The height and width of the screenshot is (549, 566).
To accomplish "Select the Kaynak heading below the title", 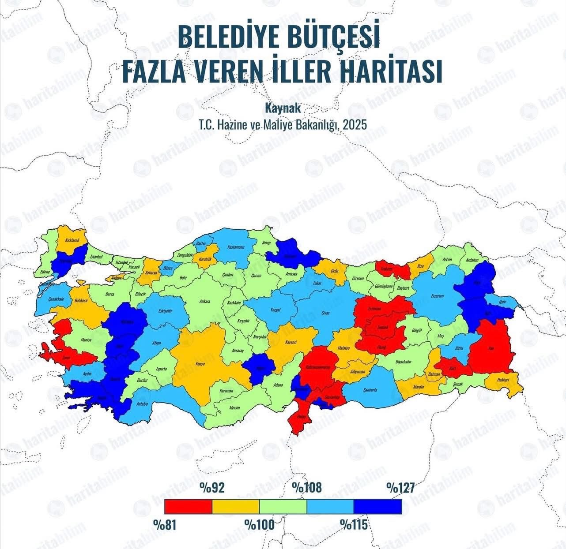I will [282, 107].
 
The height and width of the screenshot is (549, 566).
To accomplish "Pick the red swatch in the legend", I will [188, 506].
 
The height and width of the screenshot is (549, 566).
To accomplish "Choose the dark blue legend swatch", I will [378, 506].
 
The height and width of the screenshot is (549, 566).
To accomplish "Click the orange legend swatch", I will [236, 506].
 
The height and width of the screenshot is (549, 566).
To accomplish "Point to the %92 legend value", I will [212, 488].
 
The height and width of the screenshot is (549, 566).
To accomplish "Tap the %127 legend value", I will [401, 488].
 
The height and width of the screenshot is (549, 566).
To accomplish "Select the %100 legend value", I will [260, 525].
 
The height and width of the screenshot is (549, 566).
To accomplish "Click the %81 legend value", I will [165, 525].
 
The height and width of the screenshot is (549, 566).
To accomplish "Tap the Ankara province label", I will [204, 302].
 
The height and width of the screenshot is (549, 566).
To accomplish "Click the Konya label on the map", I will [200, 364].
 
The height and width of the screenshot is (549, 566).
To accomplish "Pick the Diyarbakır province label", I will [404, 362].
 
